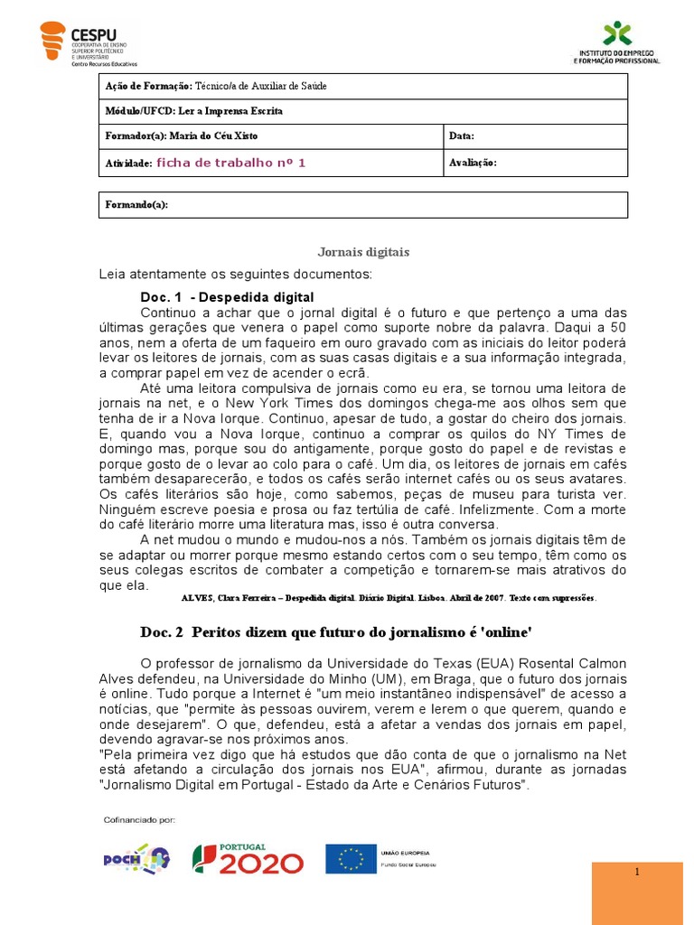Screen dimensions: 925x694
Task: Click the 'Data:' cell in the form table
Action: pos(462,136)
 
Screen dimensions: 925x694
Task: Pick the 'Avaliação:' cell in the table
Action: pos(473,163)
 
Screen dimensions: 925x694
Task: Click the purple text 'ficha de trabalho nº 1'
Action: pos(231,163)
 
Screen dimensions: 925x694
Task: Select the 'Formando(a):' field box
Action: pos(362,205)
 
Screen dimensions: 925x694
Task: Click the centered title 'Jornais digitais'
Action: pos(362,252)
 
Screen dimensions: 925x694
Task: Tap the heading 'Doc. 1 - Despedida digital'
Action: pos(227,297)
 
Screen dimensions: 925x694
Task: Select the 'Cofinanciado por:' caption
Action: pos(140,820)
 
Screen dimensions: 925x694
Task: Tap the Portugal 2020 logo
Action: pos(248,858)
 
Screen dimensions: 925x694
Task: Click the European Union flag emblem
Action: pos(350,858)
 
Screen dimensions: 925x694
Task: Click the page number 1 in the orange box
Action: pos(637,872)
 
